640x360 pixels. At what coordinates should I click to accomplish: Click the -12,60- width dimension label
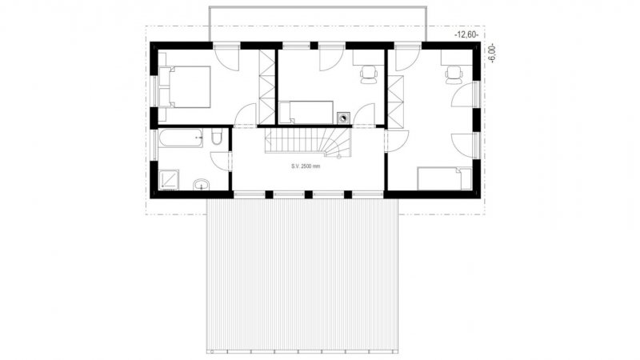click(x=466, y=35)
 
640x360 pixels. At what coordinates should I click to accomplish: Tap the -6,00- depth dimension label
click(x=493, y=53)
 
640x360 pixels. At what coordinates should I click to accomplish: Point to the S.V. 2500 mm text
click(x=306, y=166)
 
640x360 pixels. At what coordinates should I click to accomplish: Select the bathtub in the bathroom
click(x=181, y=138)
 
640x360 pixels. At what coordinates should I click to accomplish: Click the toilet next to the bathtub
click(x=217, y=136)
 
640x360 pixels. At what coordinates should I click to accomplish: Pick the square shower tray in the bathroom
click(x=169, y=179)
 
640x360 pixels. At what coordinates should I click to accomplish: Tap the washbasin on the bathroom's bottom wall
click(x=201, y=185)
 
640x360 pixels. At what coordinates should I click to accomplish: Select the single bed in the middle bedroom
click(x=306, y=112)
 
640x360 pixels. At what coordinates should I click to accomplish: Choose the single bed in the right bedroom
click(x=445, y=178)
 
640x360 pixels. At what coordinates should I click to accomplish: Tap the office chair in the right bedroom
click(x=454, y=74)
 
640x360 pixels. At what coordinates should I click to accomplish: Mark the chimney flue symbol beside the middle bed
click(x=343, y=118)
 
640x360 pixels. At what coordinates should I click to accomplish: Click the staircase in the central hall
click(x=308, y=142)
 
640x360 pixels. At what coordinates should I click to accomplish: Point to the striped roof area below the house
click(x=302, y=275)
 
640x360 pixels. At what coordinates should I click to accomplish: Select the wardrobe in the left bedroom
click(x=267, y=87)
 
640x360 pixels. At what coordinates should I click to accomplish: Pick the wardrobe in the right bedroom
click(x=395, y=102)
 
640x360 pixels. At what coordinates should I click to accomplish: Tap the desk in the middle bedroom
click(x=369, y=57)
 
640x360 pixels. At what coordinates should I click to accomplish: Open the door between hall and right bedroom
click(x=395, y=142)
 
